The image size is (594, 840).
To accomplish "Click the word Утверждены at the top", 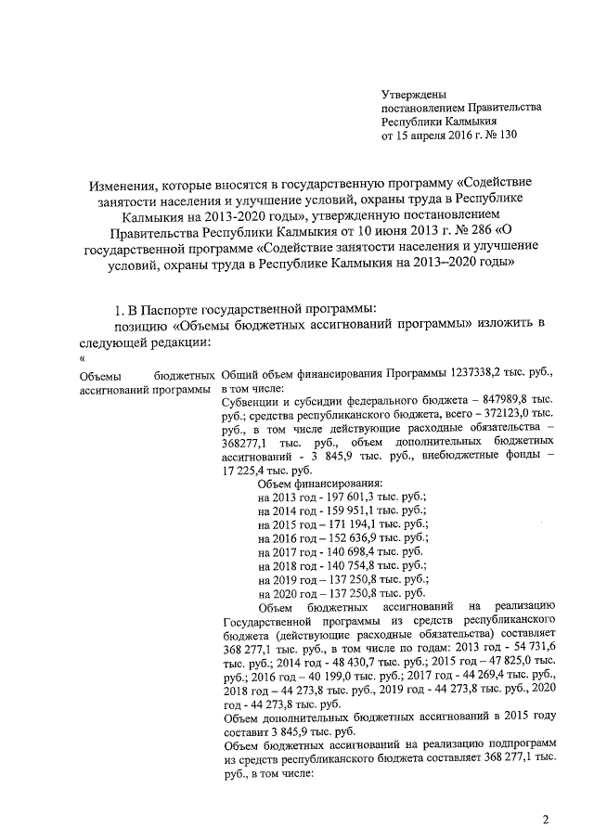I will (x=414, y=94).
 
